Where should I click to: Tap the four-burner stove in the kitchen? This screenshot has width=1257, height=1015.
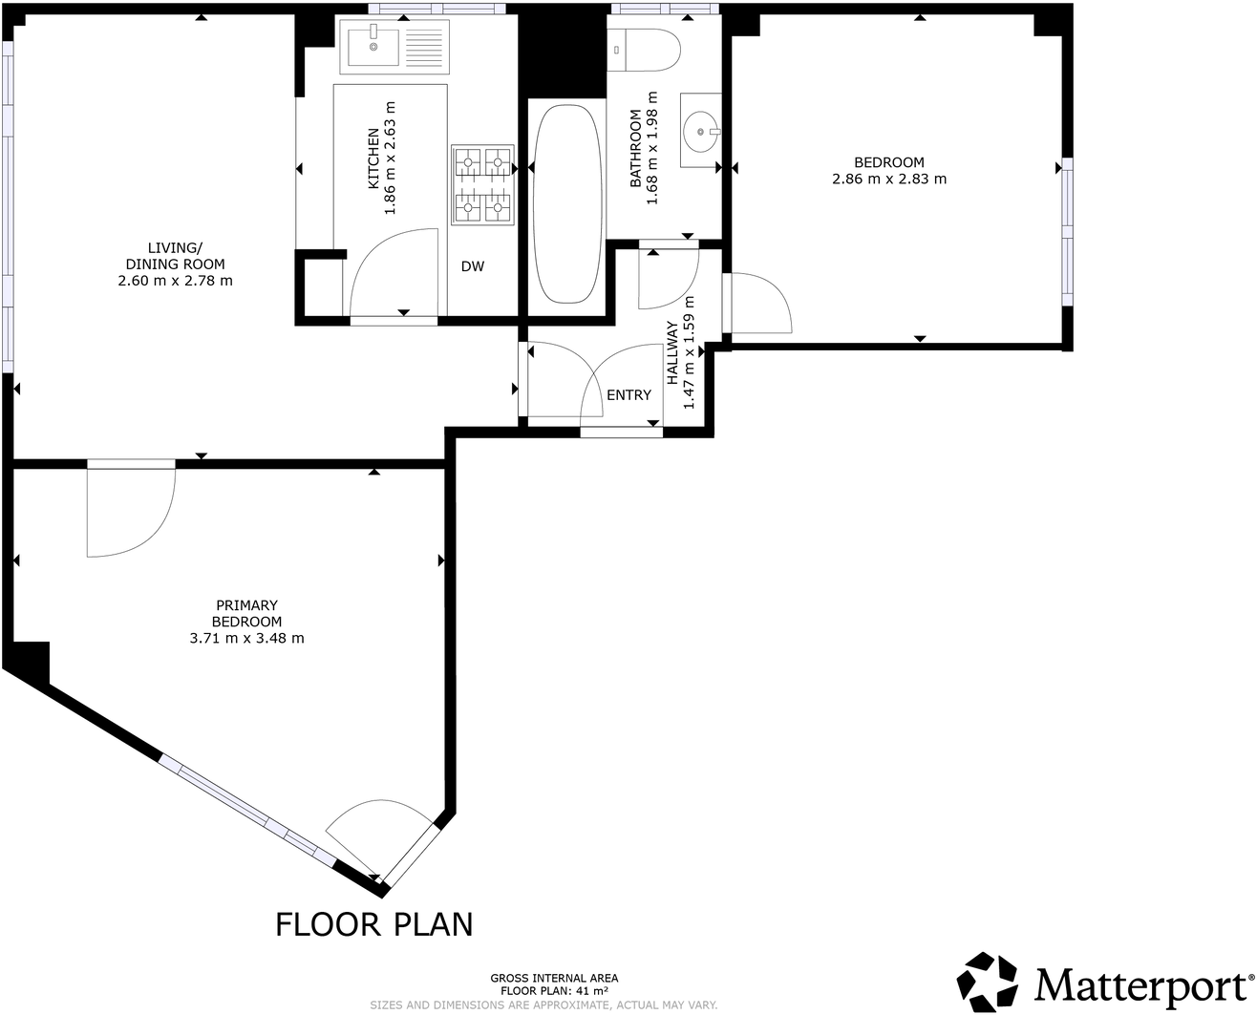click(x=482, y=185)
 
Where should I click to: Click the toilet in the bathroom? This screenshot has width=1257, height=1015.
click(x=644, y=50)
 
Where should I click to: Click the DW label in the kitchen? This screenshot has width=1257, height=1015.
click(x=473, y=266)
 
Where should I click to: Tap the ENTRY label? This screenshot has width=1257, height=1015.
click(x=628, y=394)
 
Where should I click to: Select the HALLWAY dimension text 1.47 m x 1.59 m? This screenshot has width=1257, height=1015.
click(x=689, y=353)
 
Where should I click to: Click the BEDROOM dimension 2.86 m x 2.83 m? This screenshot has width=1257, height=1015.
click(x=889, y=179)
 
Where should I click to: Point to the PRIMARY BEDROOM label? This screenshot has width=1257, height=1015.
click(x=247, y=613)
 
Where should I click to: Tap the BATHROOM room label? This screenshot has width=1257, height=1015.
click(x=635, y=148)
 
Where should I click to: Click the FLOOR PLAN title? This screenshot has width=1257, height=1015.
click(x=374, y=924)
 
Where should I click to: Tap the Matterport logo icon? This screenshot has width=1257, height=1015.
click(x=990, y=982)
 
